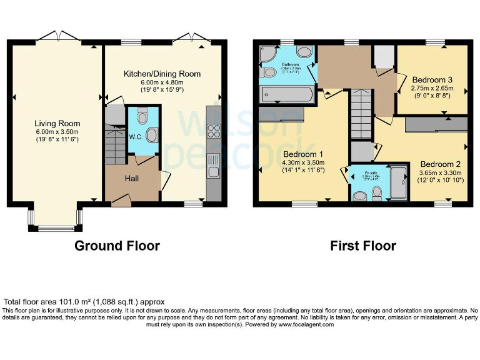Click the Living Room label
(x=54, y=124)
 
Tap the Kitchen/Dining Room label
(x=162, y=74)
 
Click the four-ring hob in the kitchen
(x=214, y=131)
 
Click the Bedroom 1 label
(x=303, y=154)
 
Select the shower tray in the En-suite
(x=397, y=182)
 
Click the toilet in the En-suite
(x=376, y=196)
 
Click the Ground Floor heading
(x=117, y=246)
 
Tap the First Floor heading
(x=363, y=246)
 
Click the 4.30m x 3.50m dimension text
(x=303, y=164)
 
